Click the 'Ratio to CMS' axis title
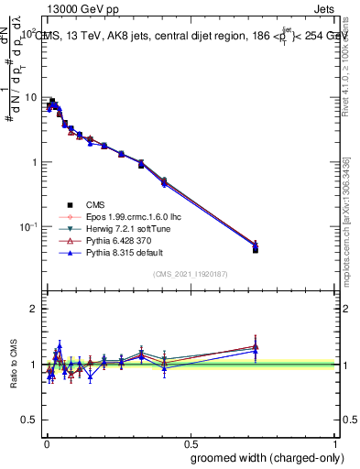pyautogui.click(x=13, y=365)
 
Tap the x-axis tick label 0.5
pyautogui.click(x=191, y=442)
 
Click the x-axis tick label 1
pyautogui.click(x=336, y=442)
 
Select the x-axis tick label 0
pyautogui.click(x=46, y=442)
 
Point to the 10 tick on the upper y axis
pyautogui.click(x=33, y=97)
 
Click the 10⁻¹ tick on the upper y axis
pyautogui.click(x=30, y=226)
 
